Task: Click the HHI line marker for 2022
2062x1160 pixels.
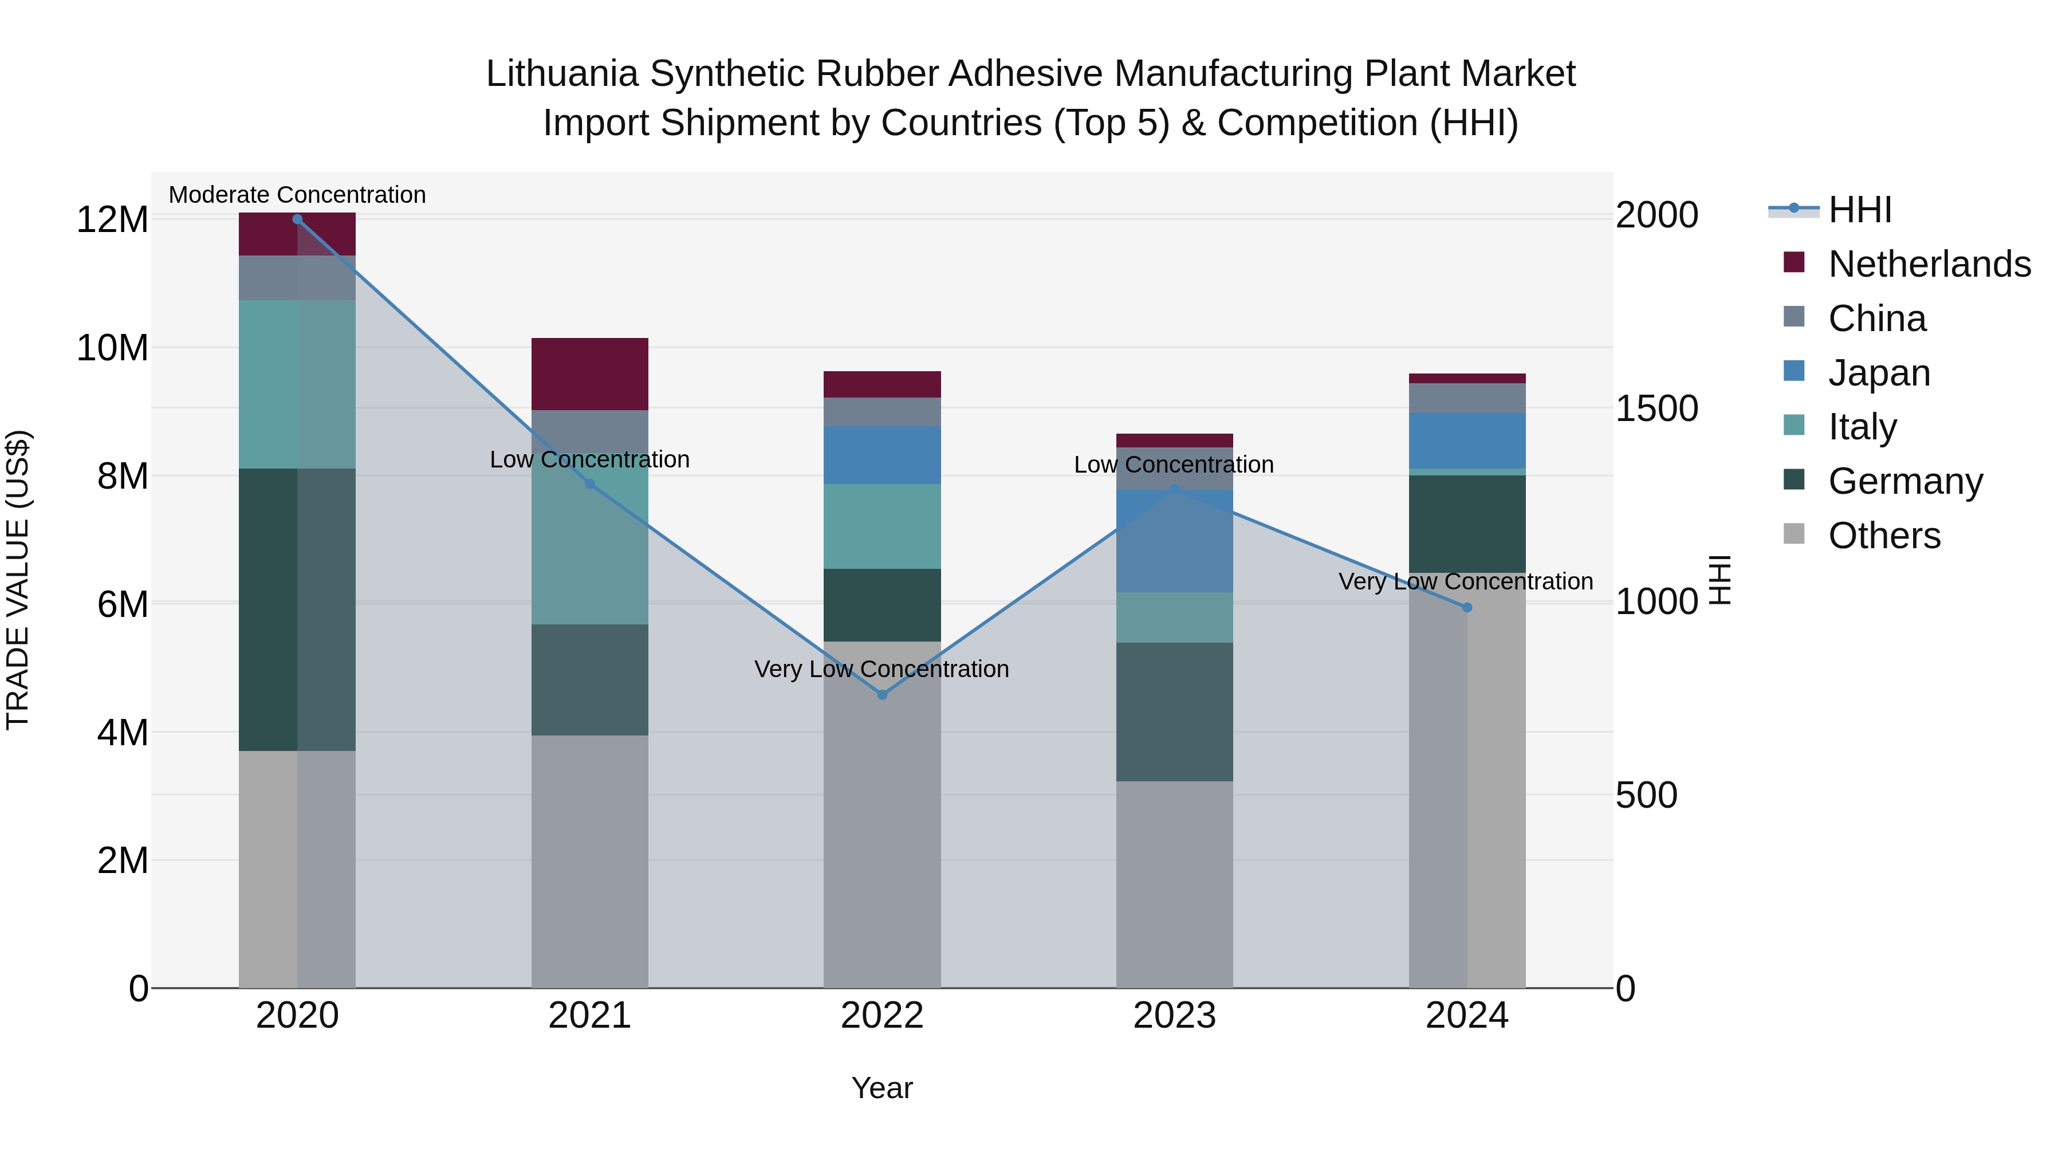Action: pos(882,695)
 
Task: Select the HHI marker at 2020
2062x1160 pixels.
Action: pos(297,219)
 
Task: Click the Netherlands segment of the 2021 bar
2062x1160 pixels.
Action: pos(590,374)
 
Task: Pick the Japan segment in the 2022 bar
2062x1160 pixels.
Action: pos(882,455)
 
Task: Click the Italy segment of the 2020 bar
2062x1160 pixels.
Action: pos(297,384)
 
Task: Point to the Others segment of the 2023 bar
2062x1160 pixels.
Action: pos(1174,884)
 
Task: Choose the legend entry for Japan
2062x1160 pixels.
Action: pos(1878,372)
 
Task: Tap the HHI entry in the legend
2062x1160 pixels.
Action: pos(1859,210)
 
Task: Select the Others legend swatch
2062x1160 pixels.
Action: pos(1794,534)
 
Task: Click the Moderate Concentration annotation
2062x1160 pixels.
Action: pos(297,195)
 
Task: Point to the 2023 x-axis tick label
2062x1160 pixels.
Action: pos(1174,1015)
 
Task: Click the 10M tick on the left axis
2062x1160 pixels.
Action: pos(112,348)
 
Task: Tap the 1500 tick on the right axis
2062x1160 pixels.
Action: pos(1656,408)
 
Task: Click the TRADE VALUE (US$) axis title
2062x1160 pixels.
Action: pos(18,580)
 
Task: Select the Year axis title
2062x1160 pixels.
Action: pos(882,1088)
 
